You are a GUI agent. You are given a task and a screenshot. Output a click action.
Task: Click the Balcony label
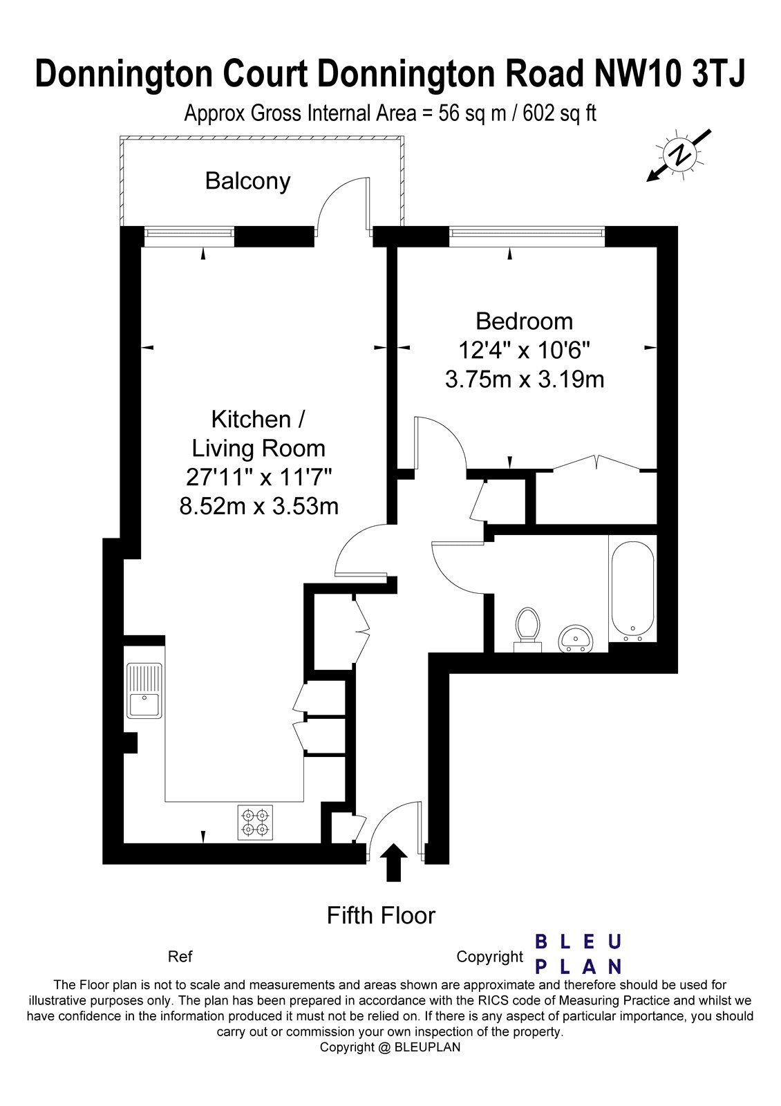click(247, 181)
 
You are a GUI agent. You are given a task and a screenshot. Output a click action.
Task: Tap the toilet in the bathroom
click(527, 629)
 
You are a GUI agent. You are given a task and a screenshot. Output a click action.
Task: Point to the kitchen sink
click(144, 690)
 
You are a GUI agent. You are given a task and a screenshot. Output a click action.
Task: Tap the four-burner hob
click(255, 823)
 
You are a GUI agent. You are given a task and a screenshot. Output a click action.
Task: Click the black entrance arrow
click(393, 862)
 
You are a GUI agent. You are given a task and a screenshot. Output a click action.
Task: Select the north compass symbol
click(680, 156)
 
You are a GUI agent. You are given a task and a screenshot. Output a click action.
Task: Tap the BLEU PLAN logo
click(578, 954)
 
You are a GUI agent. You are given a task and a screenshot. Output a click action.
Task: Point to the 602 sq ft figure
click(559, 113)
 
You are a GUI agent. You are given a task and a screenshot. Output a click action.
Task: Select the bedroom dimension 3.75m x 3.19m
click(525, 380)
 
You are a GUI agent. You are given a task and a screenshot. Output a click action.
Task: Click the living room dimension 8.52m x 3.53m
click(258, 506)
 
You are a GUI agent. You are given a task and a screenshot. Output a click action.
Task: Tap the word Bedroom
click(525, 321)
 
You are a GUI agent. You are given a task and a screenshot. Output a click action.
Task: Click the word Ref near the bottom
click(180, 957)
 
